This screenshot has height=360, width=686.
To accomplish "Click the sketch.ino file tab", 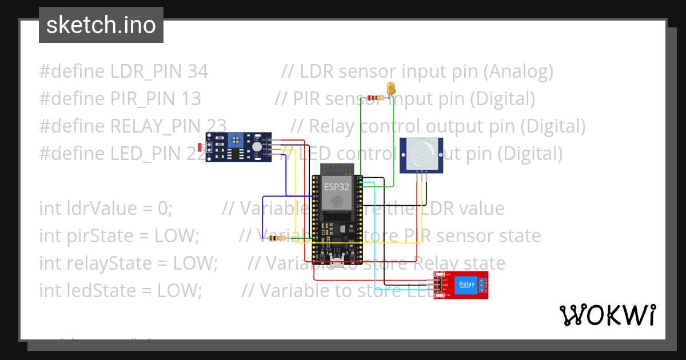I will tap(101, 25).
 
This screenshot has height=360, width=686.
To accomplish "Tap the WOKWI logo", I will tap(607, 315).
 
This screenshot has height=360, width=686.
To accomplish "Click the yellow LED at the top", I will tap(392, 89).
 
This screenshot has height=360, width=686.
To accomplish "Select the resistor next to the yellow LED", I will tap(376, 98).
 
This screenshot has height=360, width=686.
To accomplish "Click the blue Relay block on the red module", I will tap(466, 285).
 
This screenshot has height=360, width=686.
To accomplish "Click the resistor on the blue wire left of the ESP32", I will tap(278, 238).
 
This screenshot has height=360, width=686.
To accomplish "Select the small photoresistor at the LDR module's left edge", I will tap(199, 147).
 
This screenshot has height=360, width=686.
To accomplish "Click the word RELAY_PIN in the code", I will tap(169, 126).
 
